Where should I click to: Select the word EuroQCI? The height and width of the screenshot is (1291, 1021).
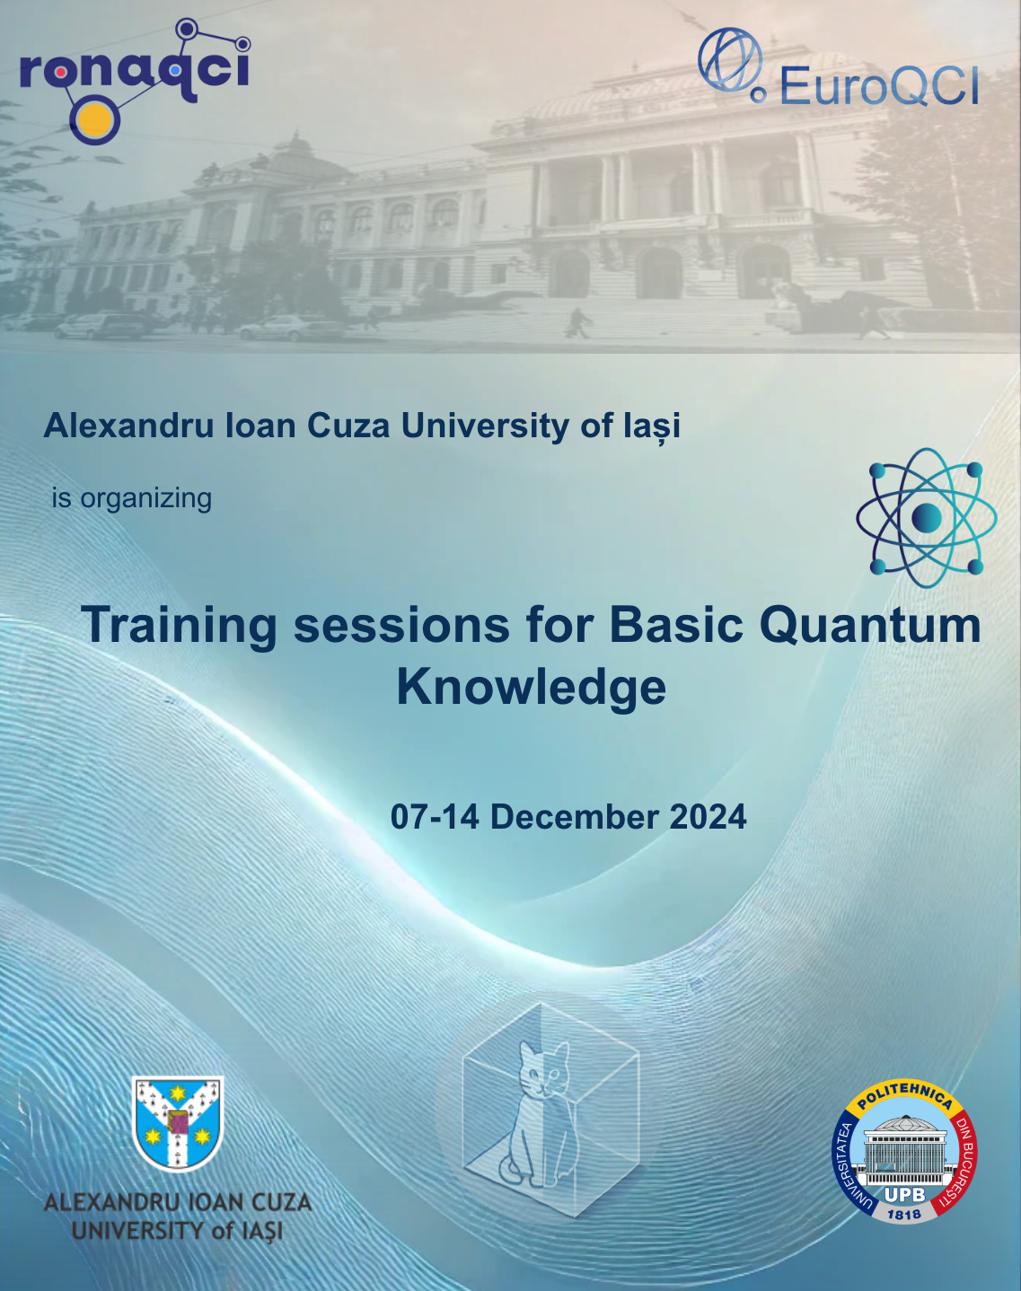point(879,85)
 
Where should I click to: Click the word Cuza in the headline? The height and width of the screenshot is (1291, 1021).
point(348,426)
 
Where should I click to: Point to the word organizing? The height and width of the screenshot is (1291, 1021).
point(145,499)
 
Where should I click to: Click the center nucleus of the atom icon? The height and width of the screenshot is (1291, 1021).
point(926,517)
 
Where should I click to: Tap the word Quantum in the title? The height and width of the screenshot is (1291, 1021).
point(870,625)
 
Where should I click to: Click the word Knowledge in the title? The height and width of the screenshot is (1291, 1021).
point(532,688)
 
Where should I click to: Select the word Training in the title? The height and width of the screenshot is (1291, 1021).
point(179,626)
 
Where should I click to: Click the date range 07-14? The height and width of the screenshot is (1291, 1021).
point(435,816)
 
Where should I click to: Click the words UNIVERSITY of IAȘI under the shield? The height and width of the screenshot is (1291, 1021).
point(178,1231)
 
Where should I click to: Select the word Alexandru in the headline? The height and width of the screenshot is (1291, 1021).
point(128,426)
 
